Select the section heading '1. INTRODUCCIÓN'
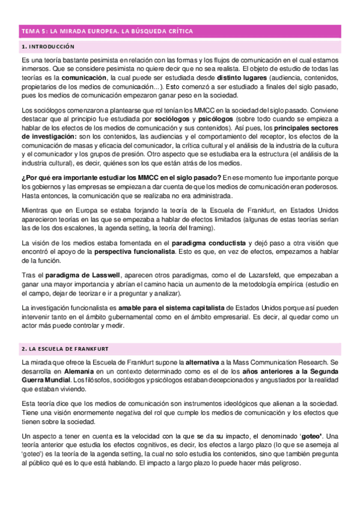pos(48,46)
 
